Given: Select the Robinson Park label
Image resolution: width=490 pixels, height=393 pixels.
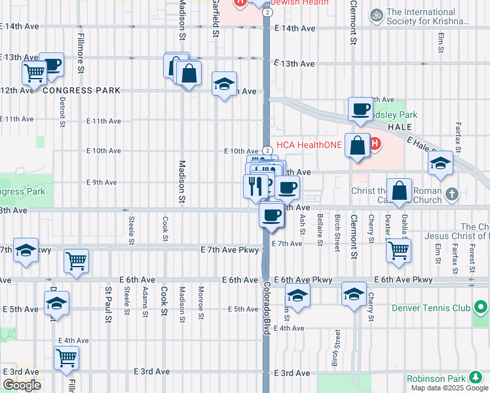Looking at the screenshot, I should click(436, 379).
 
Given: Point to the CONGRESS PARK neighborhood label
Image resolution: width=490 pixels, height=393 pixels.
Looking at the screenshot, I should click(82, 90).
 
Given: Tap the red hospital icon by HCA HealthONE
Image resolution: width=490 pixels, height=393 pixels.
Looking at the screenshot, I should click(375, 143).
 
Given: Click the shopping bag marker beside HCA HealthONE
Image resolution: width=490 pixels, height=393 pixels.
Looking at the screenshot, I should click(358, 145).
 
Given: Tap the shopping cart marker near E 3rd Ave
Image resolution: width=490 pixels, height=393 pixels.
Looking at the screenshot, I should click(66, 358).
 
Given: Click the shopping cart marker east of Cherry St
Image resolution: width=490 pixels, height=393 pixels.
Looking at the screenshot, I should click(398, 250).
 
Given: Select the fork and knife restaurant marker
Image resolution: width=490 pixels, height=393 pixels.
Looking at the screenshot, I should click(255, 186).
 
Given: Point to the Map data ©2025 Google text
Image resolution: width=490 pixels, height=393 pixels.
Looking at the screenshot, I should click(449, 388).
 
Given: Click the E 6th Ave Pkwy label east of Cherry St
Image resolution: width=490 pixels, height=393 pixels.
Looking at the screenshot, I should click(404, 280).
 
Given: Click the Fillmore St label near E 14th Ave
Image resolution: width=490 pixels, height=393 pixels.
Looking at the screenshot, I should click(80, 52).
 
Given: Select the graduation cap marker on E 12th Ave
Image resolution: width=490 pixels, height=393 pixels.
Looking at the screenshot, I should click(224, 84).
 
